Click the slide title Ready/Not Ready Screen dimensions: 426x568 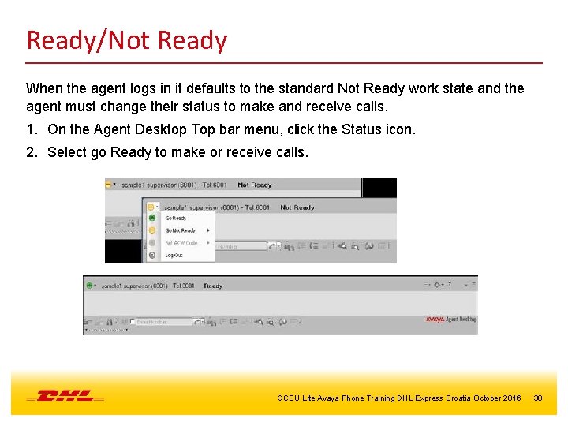126,40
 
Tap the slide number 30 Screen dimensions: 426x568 538,398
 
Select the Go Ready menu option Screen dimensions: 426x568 176,219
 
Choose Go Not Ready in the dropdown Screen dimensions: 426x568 180,230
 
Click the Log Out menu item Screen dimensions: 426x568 174,256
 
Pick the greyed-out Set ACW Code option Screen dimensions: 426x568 181,243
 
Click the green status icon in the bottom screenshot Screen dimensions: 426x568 90,286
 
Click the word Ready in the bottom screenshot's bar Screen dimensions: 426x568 213,286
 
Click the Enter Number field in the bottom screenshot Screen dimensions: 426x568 162,322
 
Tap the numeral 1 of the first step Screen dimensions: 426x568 30,129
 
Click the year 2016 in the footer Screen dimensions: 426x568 512,398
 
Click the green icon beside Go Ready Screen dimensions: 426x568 152,219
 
